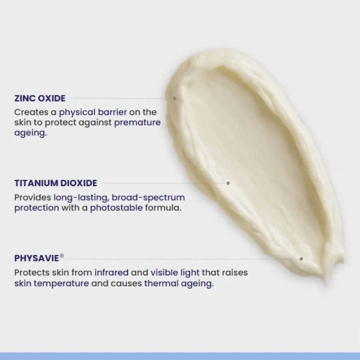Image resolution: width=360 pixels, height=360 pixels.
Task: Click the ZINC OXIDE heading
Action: pos(40,98)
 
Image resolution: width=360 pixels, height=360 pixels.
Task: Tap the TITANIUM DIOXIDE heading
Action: pos(56,183)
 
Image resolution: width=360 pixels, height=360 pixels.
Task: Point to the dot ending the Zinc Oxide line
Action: pos(174,98)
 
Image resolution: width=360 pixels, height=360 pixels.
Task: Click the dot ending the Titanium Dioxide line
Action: pos(228,183)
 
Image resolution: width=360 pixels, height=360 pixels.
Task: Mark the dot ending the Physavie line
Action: pos(301,259)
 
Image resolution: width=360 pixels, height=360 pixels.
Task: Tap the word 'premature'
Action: pos(138,122)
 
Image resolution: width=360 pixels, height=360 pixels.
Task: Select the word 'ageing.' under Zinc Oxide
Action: pos(30,133)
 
